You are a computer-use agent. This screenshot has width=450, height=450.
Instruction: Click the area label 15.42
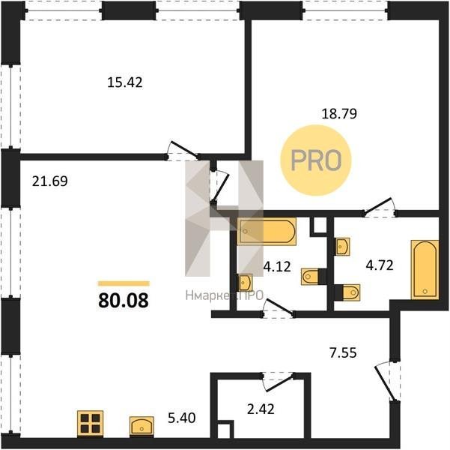125,82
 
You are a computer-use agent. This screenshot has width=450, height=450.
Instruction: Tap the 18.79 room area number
339,113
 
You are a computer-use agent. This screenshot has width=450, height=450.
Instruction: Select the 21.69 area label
50,181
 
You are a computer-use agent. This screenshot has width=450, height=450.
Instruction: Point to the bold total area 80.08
124,301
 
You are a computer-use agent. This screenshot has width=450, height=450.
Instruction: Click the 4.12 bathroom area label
277,266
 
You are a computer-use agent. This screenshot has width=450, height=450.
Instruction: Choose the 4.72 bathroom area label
380,265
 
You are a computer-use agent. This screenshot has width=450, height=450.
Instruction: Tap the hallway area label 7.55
343,352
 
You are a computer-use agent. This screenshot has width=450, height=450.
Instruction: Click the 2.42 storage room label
261,409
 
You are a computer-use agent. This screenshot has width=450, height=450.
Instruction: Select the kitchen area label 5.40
182,418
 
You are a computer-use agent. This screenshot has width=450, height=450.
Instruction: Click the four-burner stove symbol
90,423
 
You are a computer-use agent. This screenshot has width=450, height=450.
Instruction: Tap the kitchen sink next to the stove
142,426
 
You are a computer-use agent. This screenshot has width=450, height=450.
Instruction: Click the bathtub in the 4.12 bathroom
267,232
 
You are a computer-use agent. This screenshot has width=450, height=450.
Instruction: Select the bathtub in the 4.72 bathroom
425,270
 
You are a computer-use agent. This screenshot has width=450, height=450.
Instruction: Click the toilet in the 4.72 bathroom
347,292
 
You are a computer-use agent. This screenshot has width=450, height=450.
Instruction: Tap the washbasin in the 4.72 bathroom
343,247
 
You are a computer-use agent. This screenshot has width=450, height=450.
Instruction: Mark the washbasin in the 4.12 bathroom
245,282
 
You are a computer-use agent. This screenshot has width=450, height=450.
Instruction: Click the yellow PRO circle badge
316,160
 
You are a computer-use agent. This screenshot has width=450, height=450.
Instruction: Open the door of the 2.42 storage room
278,382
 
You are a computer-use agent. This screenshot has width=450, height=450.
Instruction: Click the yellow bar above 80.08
124,283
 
